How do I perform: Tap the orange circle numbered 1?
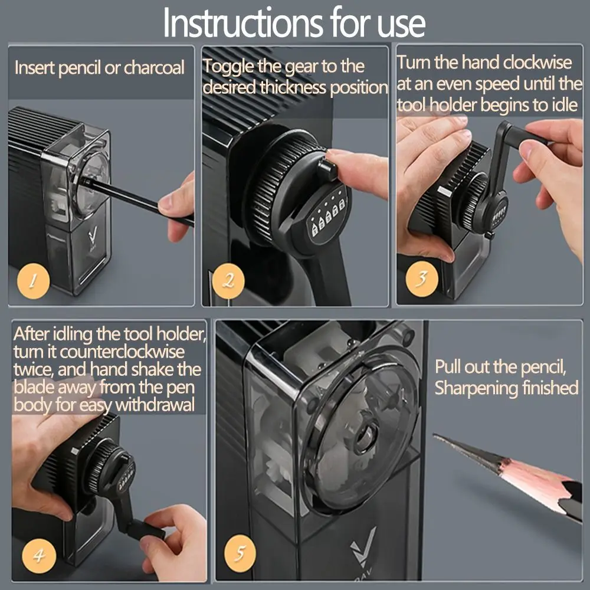(x=33, y=281)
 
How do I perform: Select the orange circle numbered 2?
(x=228, y=281)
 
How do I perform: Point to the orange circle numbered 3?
(x=421, y=278)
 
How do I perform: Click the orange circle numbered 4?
(x=39, y=556)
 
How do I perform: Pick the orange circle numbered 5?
(x=240, y=553)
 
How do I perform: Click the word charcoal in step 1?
(x=154, y=68)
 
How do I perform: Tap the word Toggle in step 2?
(x=228, y=67)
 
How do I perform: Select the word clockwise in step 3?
(x=537, y=62)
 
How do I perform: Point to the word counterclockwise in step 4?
(x=122, y=352)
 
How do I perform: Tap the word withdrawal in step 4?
(x=155, y=405)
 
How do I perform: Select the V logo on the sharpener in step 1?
(x=93, y=237)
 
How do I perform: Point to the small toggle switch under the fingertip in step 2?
(x=327, y=169)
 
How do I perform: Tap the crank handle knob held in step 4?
(x=146, y=530)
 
